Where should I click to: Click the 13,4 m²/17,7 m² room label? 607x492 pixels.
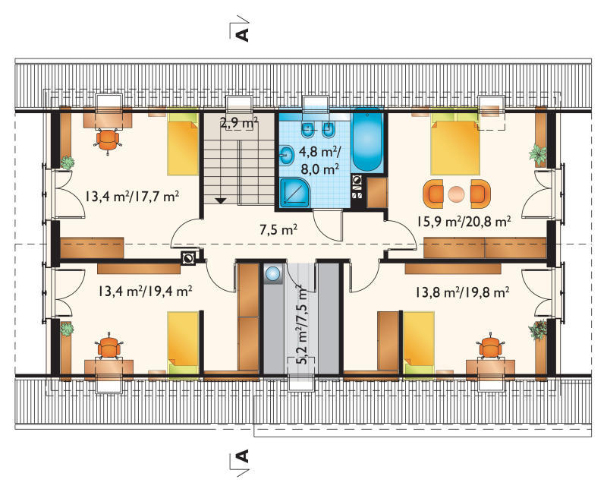point(132,197)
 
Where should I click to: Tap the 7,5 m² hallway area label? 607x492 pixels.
point(278,230)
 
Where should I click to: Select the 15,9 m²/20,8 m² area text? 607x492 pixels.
point(464,221)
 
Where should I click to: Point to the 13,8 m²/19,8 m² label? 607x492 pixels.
point(462,292)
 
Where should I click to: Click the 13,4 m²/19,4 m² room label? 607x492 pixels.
point(145,291)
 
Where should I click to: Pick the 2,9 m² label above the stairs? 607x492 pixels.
point(239,124)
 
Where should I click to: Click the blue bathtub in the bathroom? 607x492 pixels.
point(367,140)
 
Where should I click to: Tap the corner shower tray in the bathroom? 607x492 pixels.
point(294,193)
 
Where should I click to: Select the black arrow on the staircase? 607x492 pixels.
point(221,200)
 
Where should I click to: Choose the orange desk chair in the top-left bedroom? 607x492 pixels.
point(107,140)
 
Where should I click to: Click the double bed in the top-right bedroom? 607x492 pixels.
point(454,143)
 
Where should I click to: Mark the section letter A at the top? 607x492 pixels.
point(242,34)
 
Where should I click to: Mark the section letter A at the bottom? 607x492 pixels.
point(242,456)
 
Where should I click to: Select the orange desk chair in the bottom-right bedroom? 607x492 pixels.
point(490,346)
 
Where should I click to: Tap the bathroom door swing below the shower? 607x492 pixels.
point(327,225)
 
